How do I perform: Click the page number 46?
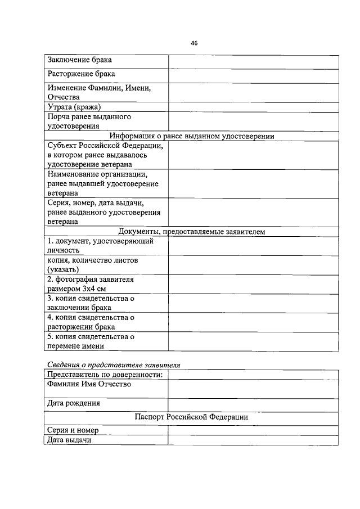[194, 42]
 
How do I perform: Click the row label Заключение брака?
[79, 60]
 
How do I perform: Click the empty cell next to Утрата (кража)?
[253, 107]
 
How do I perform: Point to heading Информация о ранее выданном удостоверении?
[192, 136]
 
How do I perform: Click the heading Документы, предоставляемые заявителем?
[192, 231]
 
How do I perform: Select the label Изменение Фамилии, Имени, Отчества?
[99, 92]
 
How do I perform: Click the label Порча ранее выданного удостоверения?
[89, 121]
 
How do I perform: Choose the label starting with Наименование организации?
[103, 183]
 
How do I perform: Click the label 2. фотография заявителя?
[90, 279]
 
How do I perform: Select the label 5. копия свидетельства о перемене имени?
[90, 342]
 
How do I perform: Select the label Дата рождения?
[74, 403]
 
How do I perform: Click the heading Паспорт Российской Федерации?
[192, 417]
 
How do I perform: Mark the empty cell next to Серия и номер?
[253, 430]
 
